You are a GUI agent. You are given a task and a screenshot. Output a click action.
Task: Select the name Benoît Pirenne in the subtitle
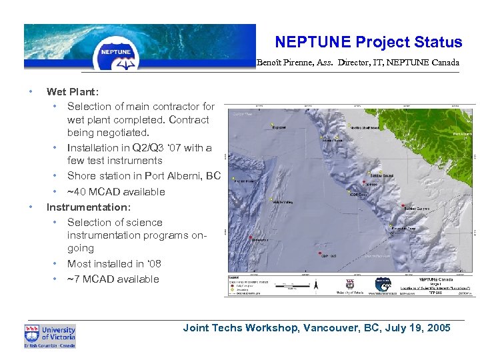(x=283, y=63)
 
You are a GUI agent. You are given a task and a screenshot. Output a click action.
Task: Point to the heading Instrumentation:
(x=88, y=207)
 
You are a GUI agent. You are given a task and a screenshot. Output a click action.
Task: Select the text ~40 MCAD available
(x=116, y=192)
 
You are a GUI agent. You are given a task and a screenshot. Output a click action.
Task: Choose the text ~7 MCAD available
(x=113, y=279)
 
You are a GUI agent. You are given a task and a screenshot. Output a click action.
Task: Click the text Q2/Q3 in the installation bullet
(x=142, y=148)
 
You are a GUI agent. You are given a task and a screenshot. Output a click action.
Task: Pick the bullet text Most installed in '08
(x=114, y=264)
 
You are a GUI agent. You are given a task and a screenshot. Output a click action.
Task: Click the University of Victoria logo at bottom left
(x=50, y=336)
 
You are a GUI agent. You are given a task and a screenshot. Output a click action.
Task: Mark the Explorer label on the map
(x=279, y=127)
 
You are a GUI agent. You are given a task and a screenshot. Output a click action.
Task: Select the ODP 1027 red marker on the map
(x=321, y=254)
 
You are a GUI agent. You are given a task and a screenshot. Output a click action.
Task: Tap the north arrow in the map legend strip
(x=317, y=285)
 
